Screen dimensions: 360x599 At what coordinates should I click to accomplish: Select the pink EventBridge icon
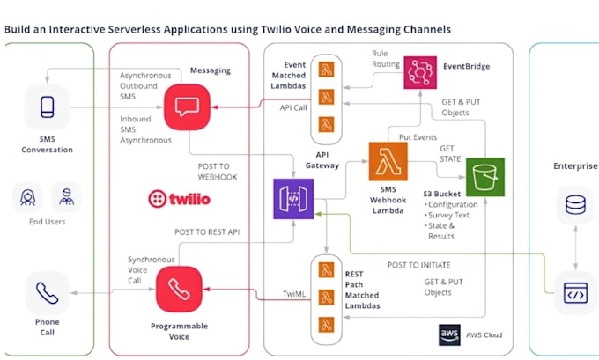(x=420, y=71)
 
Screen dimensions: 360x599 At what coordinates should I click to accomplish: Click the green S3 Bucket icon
(x=484, y=177)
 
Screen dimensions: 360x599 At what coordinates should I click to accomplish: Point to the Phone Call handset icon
(x=48, y=291)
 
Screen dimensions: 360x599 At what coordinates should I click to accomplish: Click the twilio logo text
(x=180, y=199)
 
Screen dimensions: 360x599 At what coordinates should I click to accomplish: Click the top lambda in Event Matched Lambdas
(x=326, y=70)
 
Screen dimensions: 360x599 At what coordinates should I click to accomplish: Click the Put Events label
(x=418, y=138)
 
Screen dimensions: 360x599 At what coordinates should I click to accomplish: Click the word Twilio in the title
(x=266, y=29)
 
